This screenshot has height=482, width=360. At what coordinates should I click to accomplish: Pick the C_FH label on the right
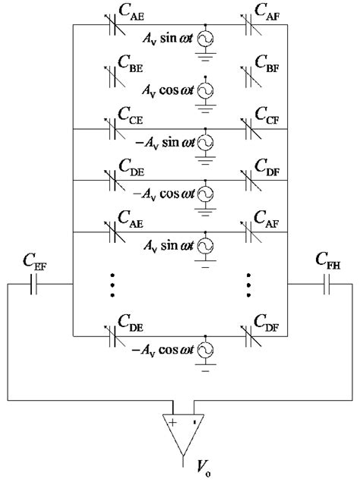click(327, 263)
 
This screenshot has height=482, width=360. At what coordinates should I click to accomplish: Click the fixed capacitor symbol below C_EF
click(36, 285)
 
